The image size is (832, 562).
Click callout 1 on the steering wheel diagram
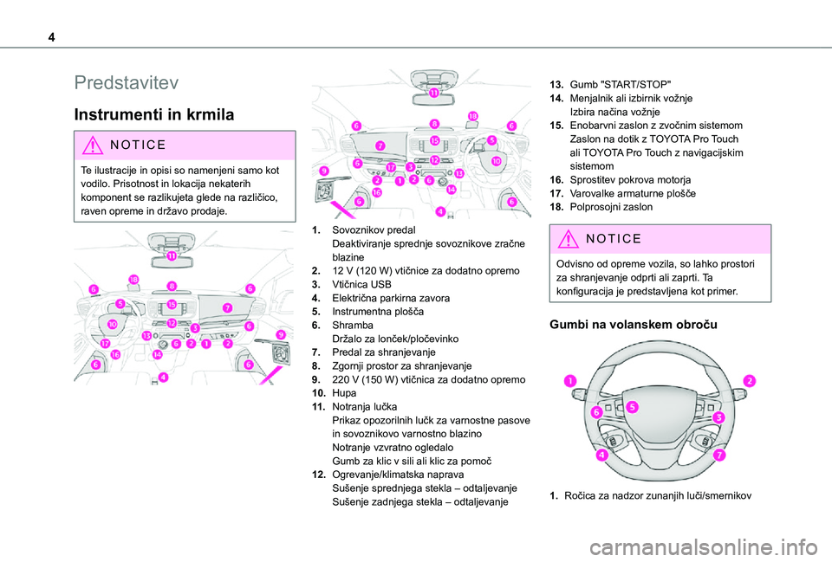[x=571, y=382]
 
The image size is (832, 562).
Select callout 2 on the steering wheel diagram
[x=748, y=381]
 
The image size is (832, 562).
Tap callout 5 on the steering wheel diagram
[x=633, y=407]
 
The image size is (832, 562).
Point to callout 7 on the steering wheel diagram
[x=720, y=455]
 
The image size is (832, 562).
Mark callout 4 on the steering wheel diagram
[x=601, y=455]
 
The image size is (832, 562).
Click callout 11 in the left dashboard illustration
[x=172, y=257]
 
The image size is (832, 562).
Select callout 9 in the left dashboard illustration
[x=280, y=333]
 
